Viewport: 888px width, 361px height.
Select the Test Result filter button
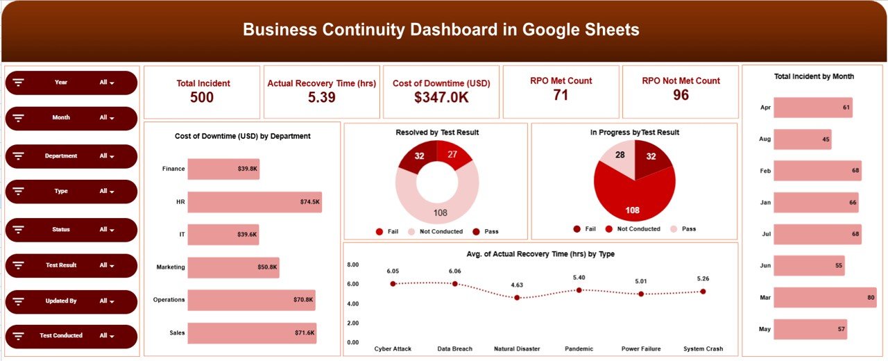71,265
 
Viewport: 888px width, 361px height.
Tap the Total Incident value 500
202,98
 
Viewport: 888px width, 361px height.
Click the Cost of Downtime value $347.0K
441,98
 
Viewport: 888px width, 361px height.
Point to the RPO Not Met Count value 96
681,95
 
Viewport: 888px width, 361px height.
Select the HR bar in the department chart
254,202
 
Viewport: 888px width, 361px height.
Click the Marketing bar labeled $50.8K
233,267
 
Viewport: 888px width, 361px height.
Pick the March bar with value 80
825,297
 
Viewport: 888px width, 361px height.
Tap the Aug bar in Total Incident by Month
802,140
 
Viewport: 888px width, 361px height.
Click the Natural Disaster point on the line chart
517,298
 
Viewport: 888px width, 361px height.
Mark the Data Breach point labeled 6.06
455,283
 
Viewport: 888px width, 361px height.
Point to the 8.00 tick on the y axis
352,265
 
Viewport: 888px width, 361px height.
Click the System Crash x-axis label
703,349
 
